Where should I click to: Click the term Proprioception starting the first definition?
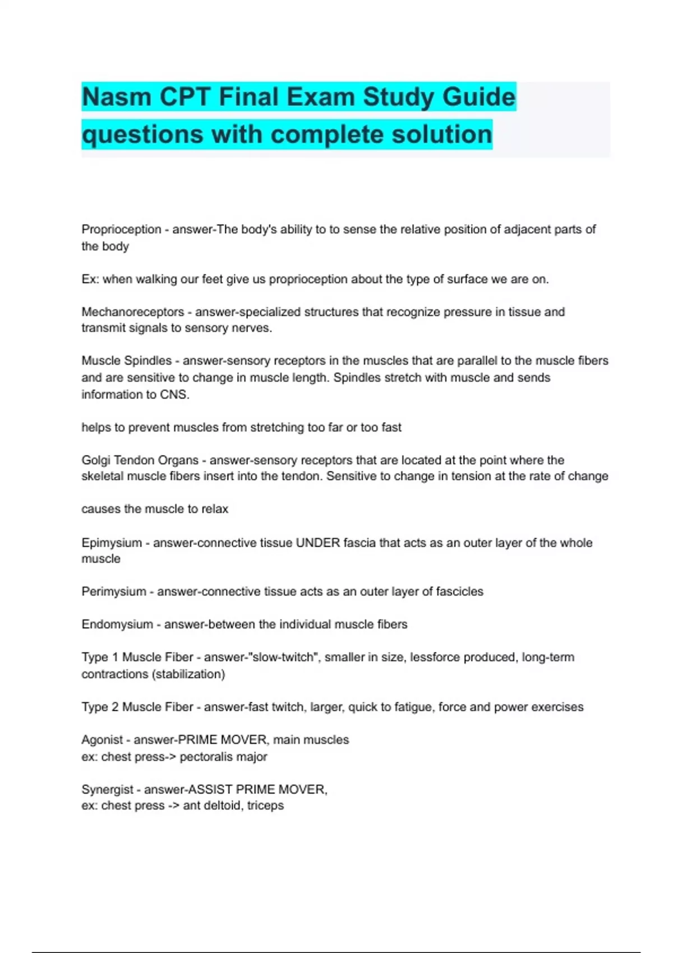coord(121,229)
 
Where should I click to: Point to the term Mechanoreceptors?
coord(132,312)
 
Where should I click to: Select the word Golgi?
coord(96,460)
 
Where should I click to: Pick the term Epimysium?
coord(112,543)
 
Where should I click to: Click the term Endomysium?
coord(117,624)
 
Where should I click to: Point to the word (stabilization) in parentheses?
coord(188,674)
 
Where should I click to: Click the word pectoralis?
coord(204,756)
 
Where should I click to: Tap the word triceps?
coord(265,806)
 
